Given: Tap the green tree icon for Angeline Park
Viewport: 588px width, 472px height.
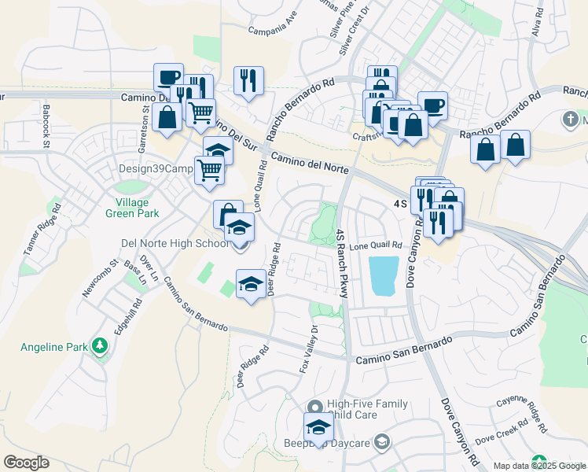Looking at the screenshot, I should pyautogui.click(x=100, y=346).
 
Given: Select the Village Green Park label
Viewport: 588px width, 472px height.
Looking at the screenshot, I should pyautogui.click(x=133, y=207).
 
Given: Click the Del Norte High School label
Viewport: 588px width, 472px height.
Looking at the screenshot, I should pyautogui.click(x=174, y=243).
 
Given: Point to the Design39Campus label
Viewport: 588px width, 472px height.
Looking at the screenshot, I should pyautogui.click(x=156, y=168).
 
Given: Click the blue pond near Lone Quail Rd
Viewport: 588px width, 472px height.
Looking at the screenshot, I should pyautogui.click(x=383, y=275).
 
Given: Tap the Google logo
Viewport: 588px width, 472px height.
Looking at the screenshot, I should pyautogui.click(x=26, y=463).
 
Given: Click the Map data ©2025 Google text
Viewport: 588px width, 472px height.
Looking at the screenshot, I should pyautogui.click(x=539, y=466).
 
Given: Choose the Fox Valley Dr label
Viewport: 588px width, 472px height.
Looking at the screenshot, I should pyautogui.click(x=309, y=348).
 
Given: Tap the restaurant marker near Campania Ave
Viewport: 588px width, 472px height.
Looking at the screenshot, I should pyautogui.click(x=248, y=81).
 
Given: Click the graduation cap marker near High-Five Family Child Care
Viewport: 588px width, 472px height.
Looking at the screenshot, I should pyautogui.click(x=318, y=427).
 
